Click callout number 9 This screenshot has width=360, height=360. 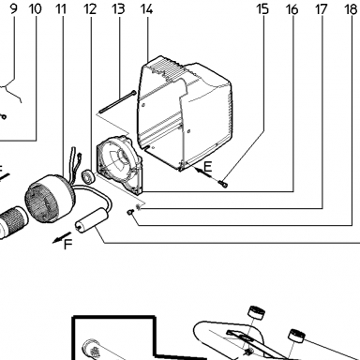(13, 9)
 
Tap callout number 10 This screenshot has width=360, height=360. (35, 9)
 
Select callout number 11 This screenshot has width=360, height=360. (61, 9)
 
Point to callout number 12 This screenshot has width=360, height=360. (90, 9)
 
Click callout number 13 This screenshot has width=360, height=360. (118, 9)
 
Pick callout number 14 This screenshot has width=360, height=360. (146, 9)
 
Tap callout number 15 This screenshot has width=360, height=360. (262, 9)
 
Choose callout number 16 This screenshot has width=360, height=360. (292, 9)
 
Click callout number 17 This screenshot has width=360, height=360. (322, 9)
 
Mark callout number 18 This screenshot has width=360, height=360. (351, 9)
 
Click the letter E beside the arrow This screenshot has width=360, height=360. (207, 167)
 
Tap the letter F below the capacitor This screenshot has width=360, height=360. (68, 244)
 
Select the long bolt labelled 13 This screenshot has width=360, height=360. (117, 101)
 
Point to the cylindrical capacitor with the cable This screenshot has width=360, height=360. (91, 220)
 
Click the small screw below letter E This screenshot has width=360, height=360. (223, 183)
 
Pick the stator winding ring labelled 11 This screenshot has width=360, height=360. (50, 198)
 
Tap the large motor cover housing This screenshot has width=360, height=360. (185, 113)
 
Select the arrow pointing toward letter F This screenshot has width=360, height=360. (62, 237)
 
